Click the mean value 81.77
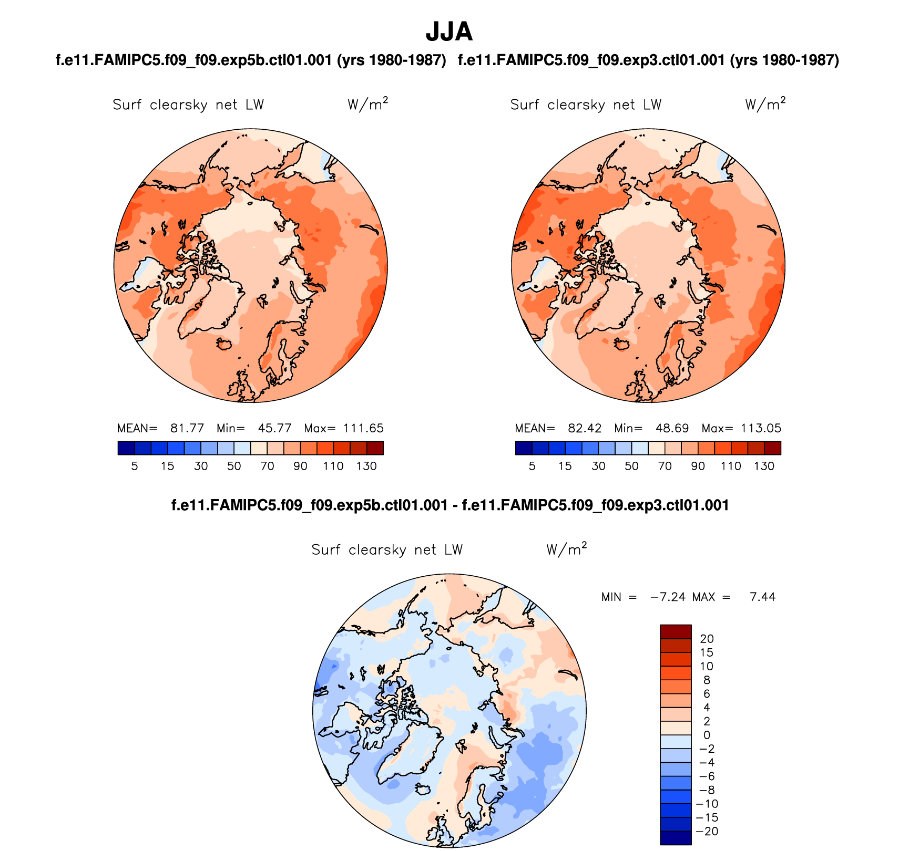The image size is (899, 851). click(x=187, y=428)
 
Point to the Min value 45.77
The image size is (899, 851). click(x=274, y=428)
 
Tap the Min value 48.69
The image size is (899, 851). click(x=672, y=428)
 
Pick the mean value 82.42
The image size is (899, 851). click(x=585, y=428)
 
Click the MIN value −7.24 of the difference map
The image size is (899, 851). click(x=668, y=597)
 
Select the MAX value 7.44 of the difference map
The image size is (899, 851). click(x=762, y=597)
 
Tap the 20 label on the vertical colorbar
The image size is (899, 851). click(x=707, y=639)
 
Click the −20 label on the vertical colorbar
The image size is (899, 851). click(x=707, y=831)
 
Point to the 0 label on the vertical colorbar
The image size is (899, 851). click(x=707, y=735)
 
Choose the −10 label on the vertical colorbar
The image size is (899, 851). click(x=707, y=804)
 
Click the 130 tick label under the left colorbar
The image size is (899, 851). click(x=366, y=466)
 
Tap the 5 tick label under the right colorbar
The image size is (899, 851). click(x=532, y=466)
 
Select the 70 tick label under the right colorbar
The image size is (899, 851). click(x=665, y=466)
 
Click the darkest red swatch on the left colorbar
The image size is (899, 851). click(x=375, y=448)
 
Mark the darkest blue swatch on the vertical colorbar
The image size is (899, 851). click(x=676, y=837)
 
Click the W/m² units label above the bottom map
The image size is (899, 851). click(x=566, y=549)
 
